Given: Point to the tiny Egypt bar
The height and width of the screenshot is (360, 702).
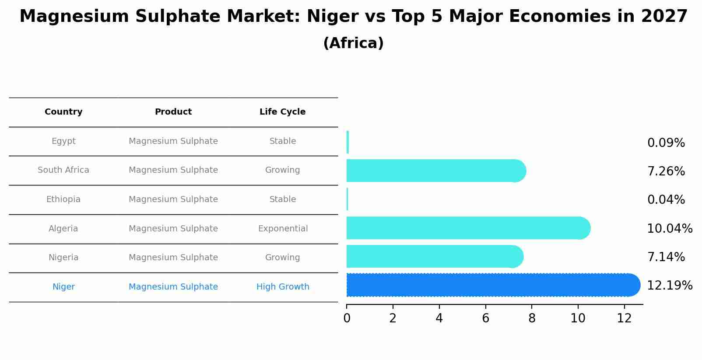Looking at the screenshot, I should (347, 142).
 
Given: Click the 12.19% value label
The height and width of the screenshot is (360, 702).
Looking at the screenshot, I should (669, 286).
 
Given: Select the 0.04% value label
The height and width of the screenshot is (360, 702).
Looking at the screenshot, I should (666, 200).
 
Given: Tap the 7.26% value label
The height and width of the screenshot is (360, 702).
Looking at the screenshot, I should (666, 171).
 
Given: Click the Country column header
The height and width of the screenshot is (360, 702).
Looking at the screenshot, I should (63, 112).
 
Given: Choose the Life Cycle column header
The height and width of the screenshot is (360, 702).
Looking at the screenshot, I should (282, 112).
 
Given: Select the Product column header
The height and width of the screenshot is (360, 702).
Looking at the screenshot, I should (173, 112).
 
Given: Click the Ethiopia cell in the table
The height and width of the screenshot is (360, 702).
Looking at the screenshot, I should (63, 199).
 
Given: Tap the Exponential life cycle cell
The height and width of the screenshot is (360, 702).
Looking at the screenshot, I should (283, 229).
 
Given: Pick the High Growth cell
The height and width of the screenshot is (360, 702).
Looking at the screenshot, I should (283, 287).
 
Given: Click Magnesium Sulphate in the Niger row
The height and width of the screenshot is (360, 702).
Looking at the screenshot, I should (173, 287).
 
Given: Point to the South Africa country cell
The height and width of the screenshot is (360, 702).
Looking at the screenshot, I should (63, 170).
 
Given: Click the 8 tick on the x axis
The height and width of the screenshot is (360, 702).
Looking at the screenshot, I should (532, 318).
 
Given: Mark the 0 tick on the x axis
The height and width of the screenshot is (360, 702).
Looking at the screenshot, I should (347, 318).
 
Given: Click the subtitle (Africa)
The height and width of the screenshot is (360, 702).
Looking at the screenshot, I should (353, 43).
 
